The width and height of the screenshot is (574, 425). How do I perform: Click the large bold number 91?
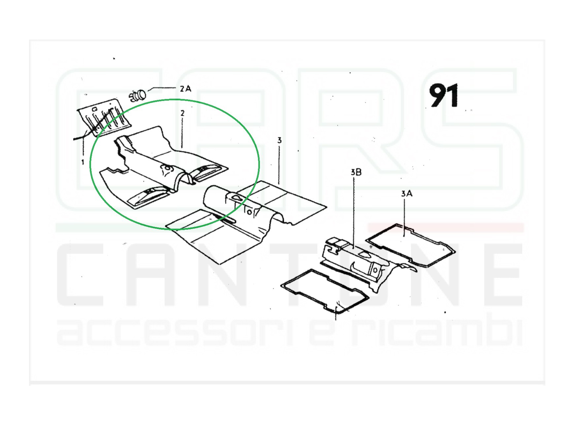click(444, 95)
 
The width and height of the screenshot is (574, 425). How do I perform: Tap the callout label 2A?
click(185, 88)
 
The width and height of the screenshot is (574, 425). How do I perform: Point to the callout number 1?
click(82, 162)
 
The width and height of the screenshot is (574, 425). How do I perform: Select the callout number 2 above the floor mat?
click(182, 113)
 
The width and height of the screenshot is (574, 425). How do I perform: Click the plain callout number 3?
click(279, 140)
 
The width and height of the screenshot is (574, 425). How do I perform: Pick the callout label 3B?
click(356, 172)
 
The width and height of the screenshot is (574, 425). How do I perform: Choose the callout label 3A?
click(406, 193)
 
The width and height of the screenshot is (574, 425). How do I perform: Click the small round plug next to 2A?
click(137, 95)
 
